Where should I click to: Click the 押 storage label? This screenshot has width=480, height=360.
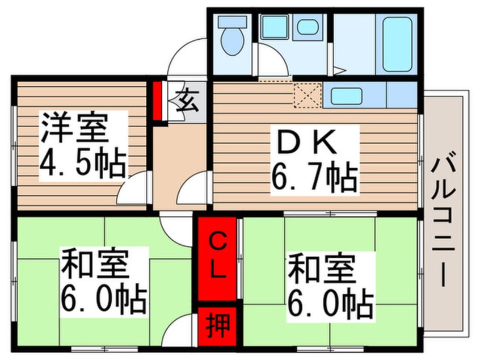point(216,327)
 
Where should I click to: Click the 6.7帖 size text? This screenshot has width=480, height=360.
point(313,178)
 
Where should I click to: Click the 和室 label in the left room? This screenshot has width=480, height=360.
point(94,266)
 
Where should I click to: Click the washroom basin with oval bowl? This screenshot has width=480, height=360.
point(308,27)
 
